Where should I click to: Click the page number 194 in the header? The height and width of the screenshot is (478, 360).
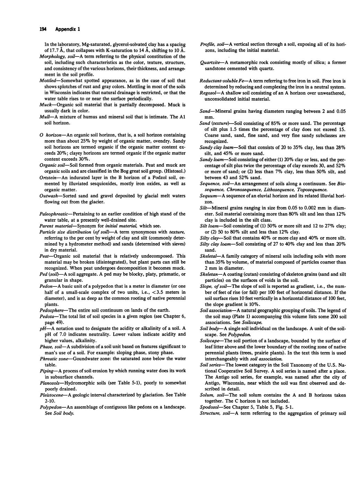pos(43,29)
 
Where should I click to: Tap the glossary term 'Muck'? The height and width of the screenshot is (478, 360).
pos(45,105)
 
